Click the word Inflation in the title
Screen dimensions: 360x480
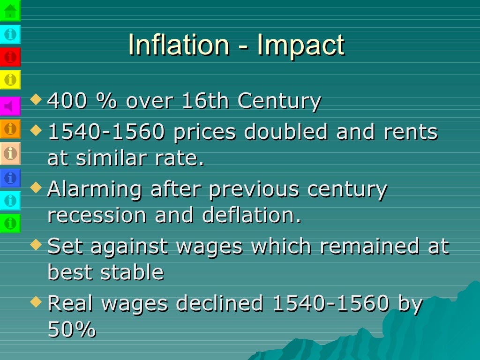[179, 45]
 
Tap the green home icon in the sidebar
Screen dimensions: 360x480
[10, 10]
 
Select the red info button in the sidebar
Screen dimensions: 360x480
[10, 57]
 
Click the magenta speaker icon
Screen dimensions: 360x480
[10, 106]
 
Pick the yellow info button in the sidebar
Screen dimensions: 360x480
[10, 80]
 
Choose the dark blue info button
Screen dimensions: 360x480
[10, 178]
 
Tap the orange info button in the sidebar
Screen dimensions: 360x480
[10, 128]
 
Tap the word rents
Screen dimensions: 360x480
[411, 132]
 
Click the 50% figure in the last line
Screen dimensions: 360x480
[72, 330]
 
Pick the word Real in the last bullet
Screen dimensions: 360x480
[71, 303]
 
